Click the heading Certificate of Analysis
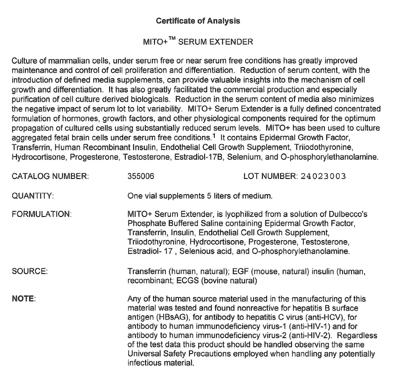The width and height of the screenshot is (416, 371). [198, 21]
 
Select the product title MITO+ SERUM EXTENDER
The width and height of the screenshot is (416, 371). [198, 42]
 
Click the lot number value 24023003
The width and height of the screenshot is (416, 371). [324, 176]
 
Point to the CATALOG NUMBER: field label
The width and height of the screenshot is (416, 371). [50, 176]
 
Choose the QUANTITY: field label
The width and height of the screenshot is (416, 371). [32, 196]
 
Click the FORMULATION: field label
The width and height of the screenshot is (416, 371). [41, 214]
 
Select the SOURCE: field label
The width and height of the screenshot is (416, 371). [30, 271]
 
